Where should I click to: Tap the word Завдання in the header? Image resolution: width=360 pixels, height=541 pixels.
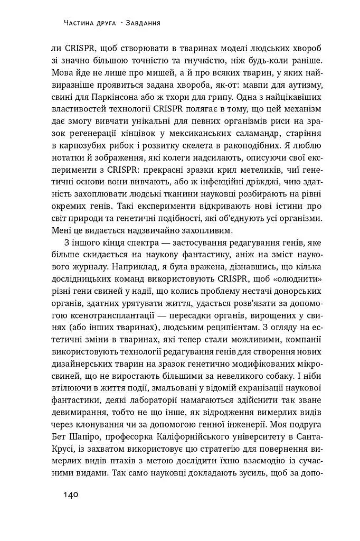tap(143, 23)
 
